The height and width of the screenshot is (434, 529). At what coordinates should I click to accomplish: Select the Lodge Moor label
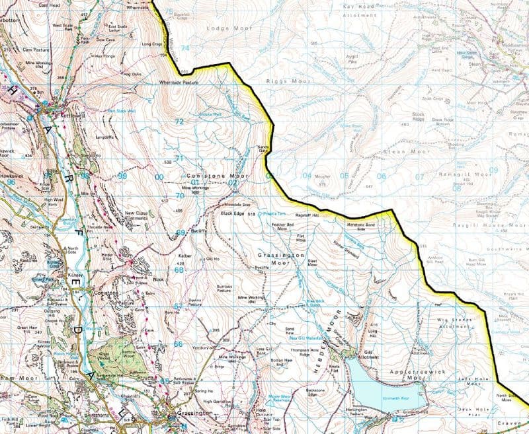(x=222, y=29)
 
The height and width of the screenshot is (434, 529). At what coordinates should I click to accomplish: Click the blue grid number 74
(x=184, y=49)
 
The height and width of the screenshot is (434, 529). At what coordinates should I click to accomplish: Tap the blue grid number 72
(x=179, y=122)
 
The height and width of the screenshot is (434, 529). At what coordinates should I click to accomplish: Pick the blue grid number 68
(x=179, y=270)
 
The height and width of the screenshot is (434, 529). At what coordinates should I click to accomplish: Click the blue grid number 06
(x=381, y=176)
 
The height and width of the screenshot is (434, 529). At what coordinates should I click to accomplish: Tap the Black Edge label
(x=233, y=213)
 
